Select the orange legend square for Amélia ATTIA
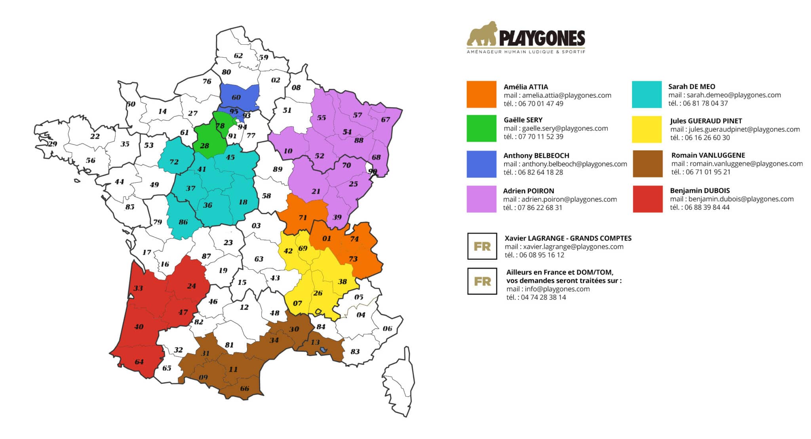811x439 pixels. point(481,94)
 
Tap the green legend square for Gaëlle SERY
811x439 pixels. point(481,128)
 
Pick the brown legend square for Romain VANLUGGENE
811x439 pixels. point(647,163)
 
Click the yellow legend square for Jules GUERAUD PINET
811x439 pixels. point(647,129)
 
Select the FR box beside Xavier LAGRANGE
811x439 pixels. point(482,246)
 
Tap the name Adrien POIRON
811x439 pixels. point(528,191)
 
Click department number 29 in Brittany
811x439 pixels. point(53,144)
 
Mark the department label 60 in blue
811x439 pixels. point(236,97)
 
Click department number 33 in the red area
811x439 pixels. point(138,288)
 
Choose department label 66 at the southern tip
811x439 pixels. point(244,388)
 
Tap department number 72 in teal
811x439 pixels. point(174,162)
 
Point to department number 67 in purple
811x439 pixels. point(385,119)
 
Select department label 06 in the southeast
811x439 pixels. point(387,329)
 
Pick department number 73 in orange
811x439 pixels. point(353,259)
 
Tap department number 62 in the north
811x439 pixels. point(238,56)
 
